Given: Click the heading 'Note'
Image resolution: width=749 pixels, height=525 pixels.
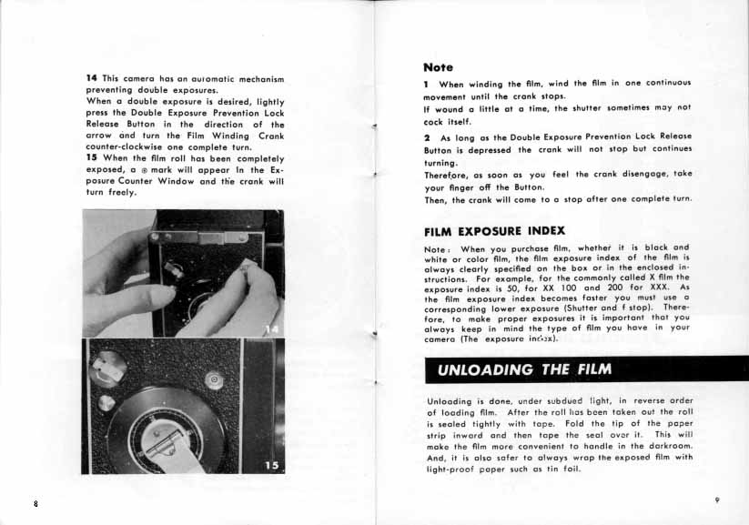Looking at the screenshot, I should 439,66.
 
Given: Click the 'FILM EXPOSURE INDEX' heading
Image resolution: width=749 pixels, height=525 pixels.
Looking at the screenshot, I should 494,230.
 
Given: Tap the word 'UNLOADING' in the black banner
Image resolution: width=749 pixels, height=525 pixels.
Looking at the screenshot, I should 481,369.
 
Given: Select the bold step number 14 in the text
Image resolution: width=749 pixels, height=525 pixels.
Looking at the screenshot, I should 91,79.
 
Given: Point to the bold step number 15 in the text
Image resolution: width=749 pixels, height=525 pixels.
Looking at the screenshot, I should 91,158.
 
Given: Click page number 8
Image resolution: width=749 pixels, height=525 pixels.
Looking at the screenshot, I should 35,504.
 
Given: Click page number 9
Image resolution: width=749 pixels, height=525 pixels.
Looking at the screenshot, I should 717,500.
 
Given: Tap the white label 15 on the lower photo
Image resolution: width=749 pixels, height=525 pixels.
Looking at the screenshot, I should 272,465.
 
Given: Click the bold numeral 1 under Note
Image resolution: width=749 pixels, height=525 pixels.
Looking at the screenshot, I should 427,84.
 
